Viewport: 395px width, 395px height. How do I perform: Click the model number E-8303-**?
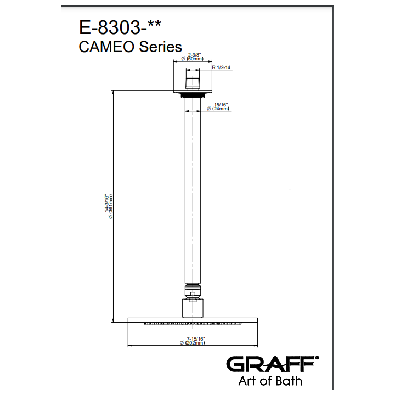[x=120, y=27]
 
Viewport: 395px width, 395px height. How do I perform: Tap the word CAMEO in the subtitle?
[x=106, y=47]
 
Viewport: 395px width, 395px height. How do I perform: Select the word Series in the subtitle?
[x=160, y=47]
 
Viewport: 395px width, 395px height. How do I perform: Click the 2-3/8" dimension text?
[x=194, y=55]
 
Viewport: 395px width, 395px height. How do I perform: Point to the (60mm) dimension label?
[x=195, y=59]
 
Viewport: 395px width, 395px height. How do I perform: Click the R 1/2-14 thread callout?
[x=221, y=67]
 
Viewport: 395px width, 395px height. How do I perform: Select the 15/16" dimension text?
[x=221, y=105]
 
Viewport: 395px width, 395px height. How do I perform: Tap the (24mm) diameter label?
[x=221, y=109]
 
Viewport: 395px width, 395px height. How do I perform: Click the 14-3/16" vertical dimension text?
[x=107, y=203]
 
